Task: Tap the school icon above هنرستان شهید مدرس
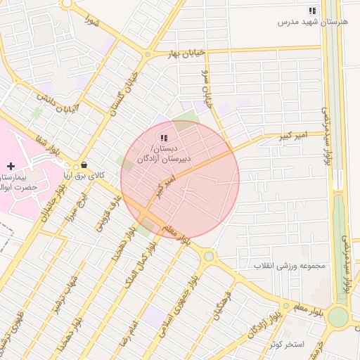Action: tap(312, 11)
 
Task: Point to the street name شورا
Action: tap(91, 21)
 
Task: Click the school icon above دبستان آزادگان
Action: tap(163, 138)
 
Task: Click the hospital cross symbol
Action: tap(10, 165)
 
